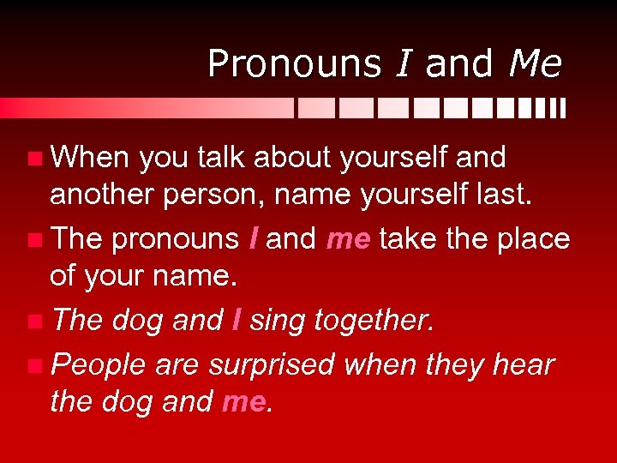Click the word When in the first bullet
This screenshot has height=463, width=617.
tap(90, 157)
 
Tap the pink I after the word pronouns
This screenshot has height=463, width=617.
tap(253, 238)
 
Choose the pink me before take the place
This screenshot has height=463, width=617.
tap(347, 238)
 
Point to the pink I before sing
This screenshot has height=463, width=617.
tap(237, 321)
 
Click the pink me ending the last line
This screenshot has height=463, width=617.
tap(244, 401)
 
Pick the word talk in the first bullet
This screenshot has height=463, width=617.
tap(220, 157)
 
